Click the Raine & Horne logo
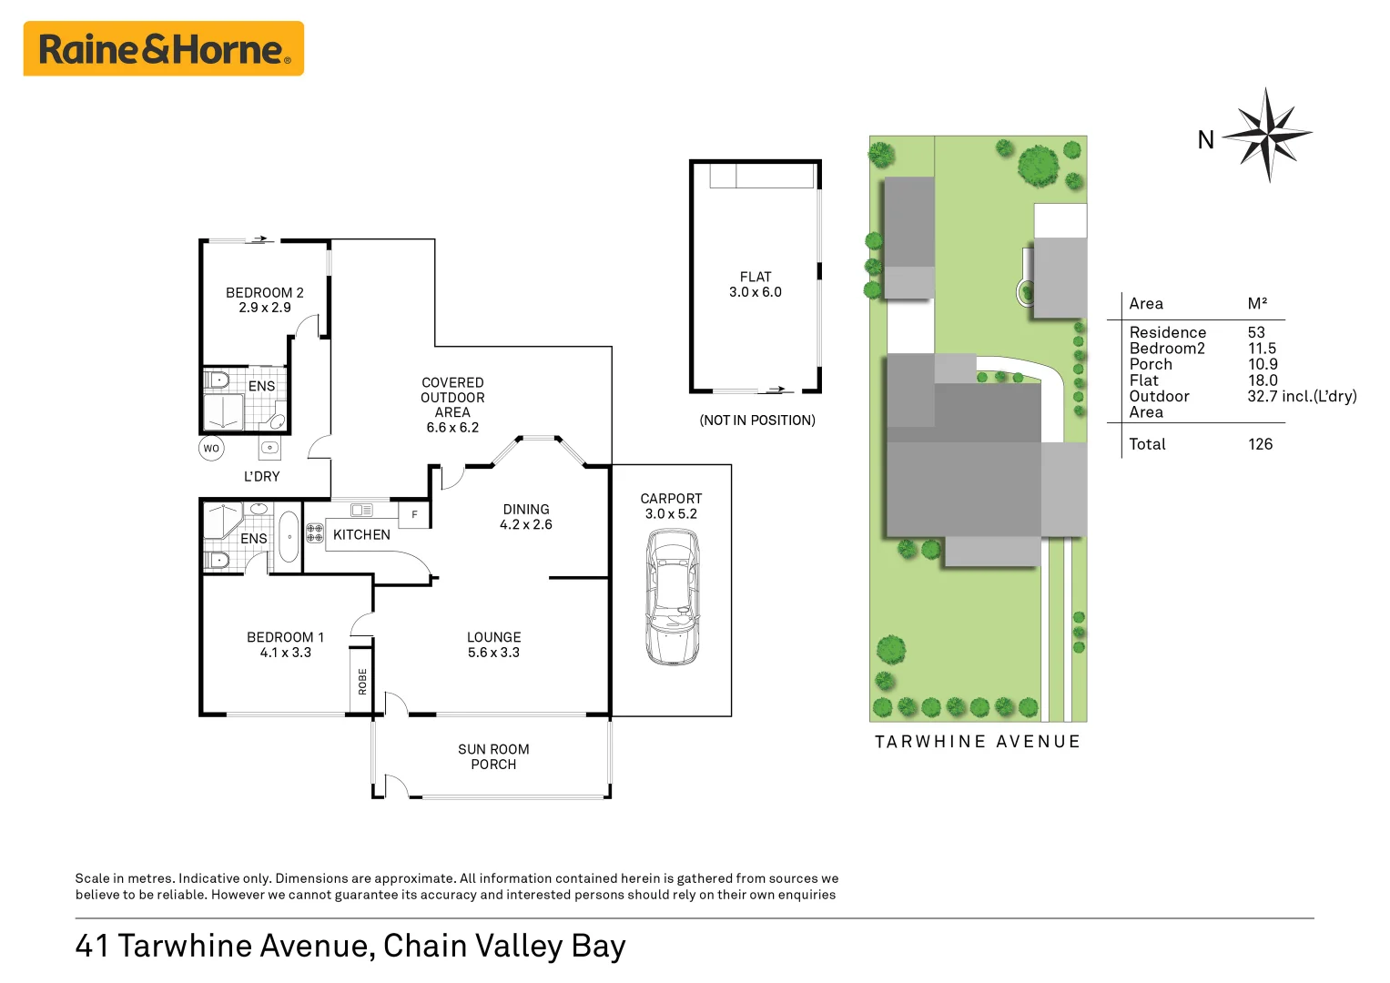point(164,49)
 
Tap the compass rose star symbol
point(1267,135)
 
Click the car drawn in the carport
point(673,597)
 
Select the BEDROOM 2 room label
point(264,299)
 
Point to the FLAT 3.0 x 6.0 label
point(755,284)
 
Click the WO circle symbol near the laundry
point(211,448)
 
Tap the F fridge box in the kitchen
point(414,515)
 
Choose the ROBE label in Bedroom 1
point(362,682)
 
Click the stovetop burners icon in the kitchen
point(315,532)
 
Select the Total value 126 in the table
point(1260,444)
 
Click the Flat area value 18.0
point(1263,380)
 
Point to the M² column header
point(1257,304)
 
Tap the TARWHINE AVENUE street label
point(977,742)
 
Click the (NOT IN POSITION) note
point(756,421)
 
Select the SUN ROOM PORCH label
point(493,756)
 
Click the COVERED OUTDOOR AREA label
point(452,405)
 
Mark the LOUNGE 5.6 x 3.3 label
point(493,644)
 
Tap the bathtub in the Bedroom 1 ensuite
point(289,537)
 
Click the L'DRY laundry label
point(261,476)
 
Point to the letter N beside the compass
point(1205,140)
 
